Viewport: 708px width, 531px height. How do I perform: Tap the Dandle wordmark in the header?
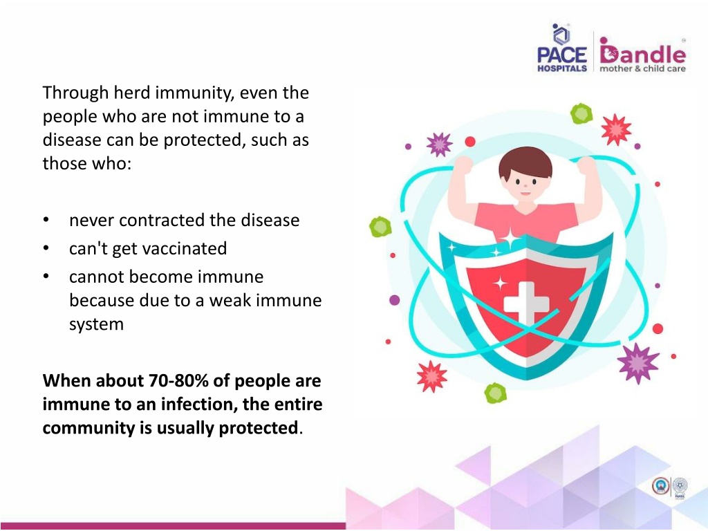(642, 51)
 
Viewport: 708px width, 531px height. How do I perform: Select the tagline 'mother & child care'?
(642, 68)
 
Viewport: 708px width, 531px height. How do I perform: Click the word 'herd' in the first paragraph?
(131, 93)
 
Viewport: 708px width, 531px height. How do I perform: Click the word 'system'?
(96, 325)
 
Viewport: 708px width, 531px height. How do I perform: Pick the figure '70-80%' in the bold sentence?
(178, 381)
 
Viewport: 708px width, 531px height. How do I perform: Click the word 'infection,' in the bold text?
(199, 404)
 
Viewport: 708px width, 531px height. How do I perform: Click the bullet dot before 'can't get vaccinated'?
(46, 248)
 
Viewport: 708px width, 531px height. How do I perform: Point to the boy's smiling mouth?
(525, 193)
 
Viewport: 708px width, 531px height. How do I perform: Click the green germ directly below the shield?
(495, 393)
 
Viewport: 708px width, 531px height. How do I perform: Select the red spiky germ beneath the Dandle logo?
(616, 129)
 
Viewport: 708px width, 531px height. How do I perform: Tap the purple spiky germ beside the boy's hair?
(439, 145)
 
